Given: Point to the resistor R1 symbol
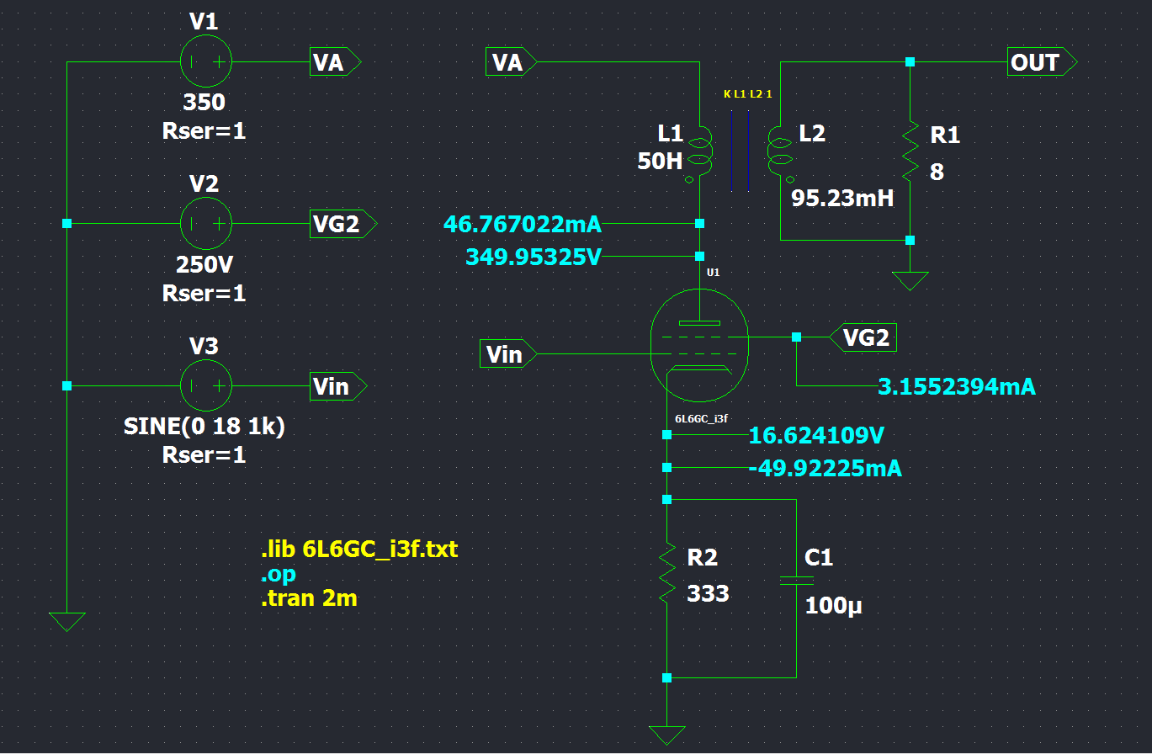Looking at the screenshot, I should pos(910,151).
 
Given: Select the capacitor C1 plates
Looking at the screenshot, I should pos(796,580).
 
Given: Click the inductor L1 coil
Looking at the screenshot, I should pos(699,151).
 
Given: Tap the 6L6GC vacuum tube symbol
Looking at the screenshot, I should pos(699,345).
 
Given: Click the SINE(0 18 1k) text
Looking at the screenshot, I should pos(204,427).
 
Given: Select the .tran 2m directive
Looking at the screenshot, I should pos(308,599).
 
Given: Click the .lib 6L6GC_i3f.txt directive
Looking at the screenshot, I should pos(359,550).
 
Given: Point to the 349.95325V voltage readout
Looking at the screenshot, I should pos(534,257).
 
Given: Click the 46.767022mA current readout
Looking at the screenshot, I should pos(522,225).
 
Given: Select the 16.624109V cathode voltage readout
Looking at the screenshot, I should pos(816,436).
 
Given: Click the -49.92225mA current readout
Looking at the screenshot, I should pos(825,469).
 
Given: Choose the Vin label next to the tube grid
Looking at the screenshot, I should pos(507,354).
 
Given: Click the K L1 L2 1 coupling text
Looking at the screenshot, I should pos(747,94).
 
